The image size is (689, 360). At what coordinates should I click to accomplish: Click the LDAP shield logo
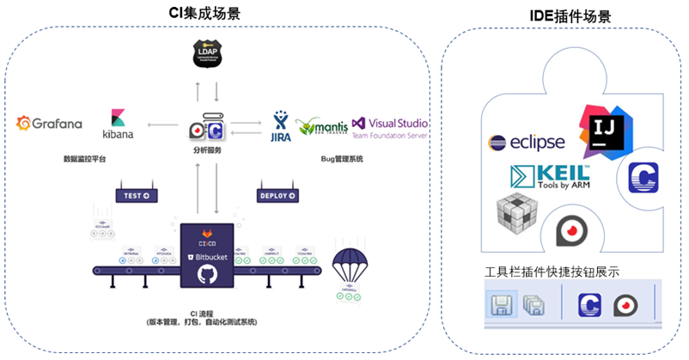pyautogui.click(x=208, y=55)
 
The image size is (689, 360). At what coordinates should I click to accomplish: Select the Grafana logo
pyautogui.click(x=50, y=124)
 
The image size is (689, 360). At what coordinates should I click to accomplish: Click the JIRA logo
pyautogui.click(x=280, y=125)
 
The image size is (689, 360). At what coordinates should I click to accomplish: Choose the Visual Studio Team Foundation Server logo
pyautogui.click(x=390, y=127)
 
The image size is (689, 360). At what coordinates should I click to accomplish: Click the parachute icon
pyautogui.click(x=350, y=267)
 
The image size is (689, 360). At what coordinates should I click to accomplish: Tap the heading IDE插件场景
pyautogui.click(x=565, y=16)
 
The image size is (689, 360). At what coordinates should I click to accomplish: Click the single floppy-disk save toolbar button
pyautogui.click(x=499, y=305)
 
